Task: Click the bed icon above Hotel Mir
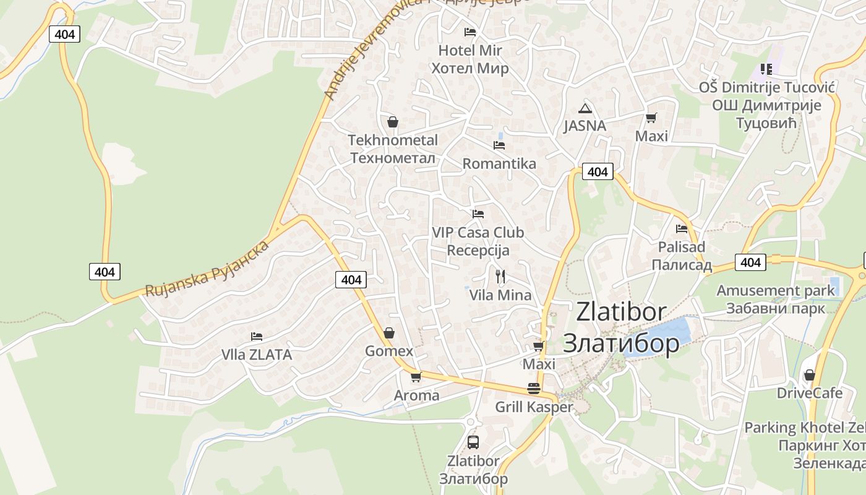pyautogui.click(x=470, y=32)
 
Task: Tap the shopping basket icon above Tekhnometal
pyautogui.click(x=392, y=121)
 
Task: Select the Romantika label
pyautogui.click(x=499, y=164)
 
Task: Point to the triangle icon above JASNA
pyautogui.click(x=585, y=108)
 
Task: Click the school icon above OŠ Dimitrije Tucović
pyautogui.click(x=766, y=69)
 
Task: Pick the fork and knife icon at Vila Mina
pyautogui.click(x=500, y=276)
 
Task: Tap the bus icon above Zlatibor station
pyautogui.click(x=473, y=442)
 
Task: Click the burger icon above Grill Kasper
pyautogui.click(x=534, y=389)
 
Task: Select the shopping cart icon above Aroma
pyautogui.click(x=416, y=377)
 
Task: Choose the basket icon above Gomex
pyautogui.click(x=388, y=333)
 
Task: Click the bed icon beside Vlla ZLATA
pyautogui.click(x=257, y=337)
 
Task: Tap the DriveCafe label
pyautogui.click(x=810, y=393)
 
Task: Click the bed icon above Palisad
pyautogui.click(x=682, y=228)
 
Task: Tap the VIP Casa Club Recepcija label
pyautogui.click(x=478, y=241)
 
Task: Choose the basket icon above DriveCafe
pyautogui.click(x=809, y=375)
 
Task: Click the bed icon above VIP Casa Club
pyautogui.click(x=478, y=214)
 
